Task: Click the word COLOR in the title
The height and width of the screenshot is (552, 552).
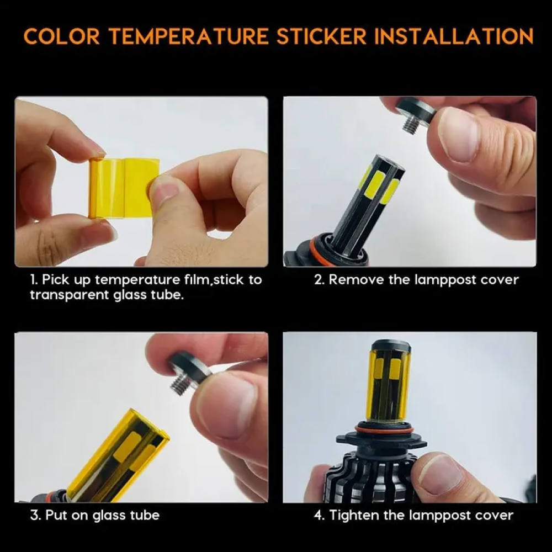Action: coord(62,36)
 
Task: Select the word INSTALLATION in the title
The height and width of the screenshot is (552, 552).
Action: coord(454,36)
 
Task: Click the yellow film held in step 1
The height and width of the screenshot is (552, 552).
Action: coord(123,188)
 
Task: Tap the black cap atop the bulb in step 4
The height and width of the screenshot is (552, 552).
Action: coord(390,346)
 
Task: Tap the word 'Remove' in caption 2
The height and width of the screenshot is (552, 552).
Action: coord(356,280)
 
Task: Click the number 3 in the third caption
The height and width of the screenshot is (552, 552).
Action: coord(34,516)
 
